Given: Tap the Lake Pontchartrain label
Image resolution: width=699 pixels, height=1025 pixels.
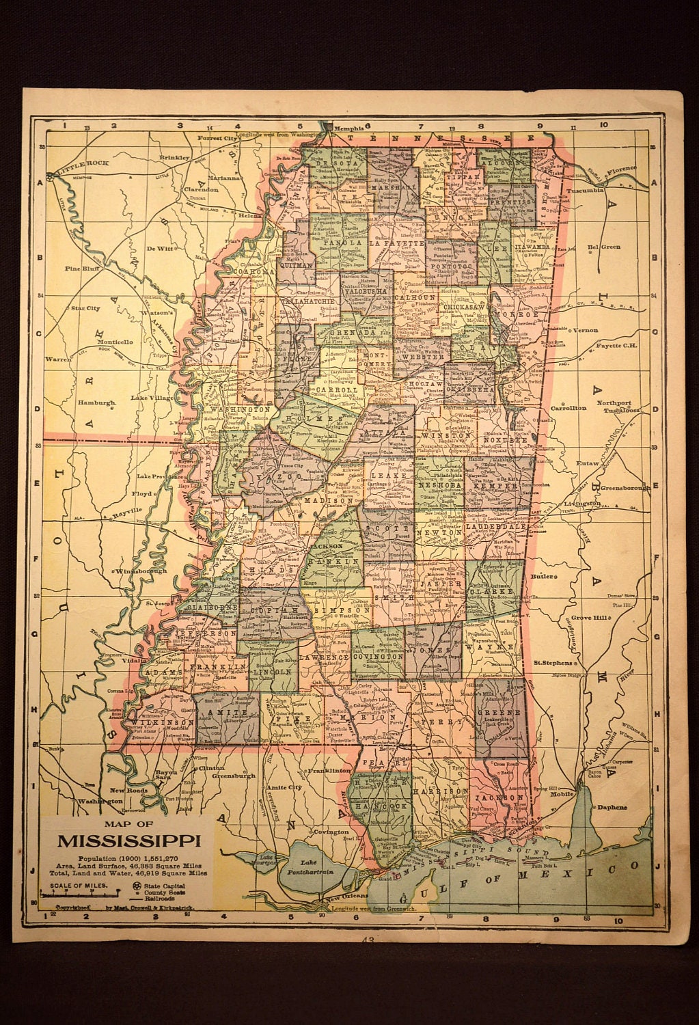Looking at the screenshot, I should pyautogui.click(x=314, y=869).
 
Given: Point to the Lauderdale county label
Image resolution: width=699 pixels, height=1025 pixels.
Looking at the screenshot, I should pyautogui.click(x=494, y=527).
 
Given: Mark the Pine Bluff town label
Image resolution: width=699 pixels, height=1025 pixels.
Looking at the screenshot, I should pyautogui.click(x=83, y=269).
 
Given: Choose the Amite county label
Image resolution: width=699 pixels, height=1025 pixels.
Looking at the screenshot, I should pyautogui.click(x=215, y=711).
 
